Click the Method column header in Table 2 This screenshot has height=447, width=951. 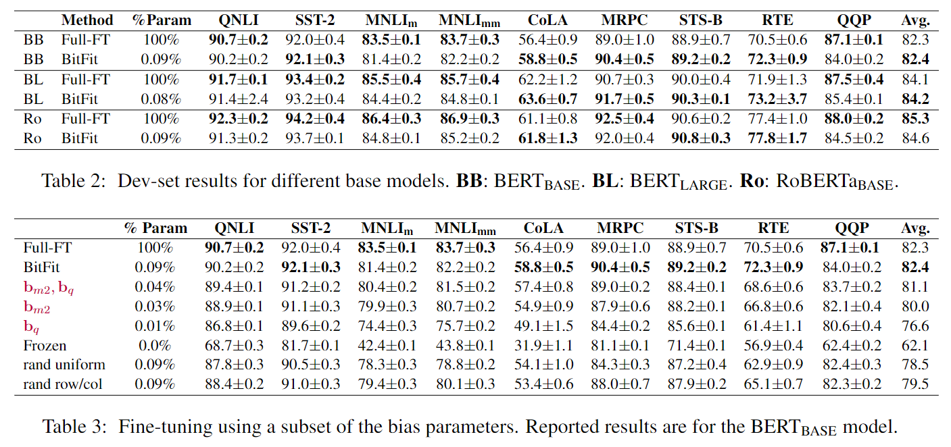coord(87,20)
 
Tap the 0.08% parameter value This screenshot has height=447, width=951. coord(162,99)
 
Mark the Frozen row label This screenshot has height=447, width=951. coord(45,345)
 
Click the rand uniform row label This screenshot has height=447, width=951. coord(64,365)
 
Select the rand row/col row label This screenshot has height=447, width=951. coord(64,384)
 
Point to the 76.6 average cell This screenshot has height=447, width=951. coord(915,325)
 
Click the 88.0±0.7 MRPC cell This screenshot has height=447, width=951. coord(625,384)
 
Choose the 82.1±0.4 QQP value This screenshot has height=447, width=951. coord(852,306)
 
